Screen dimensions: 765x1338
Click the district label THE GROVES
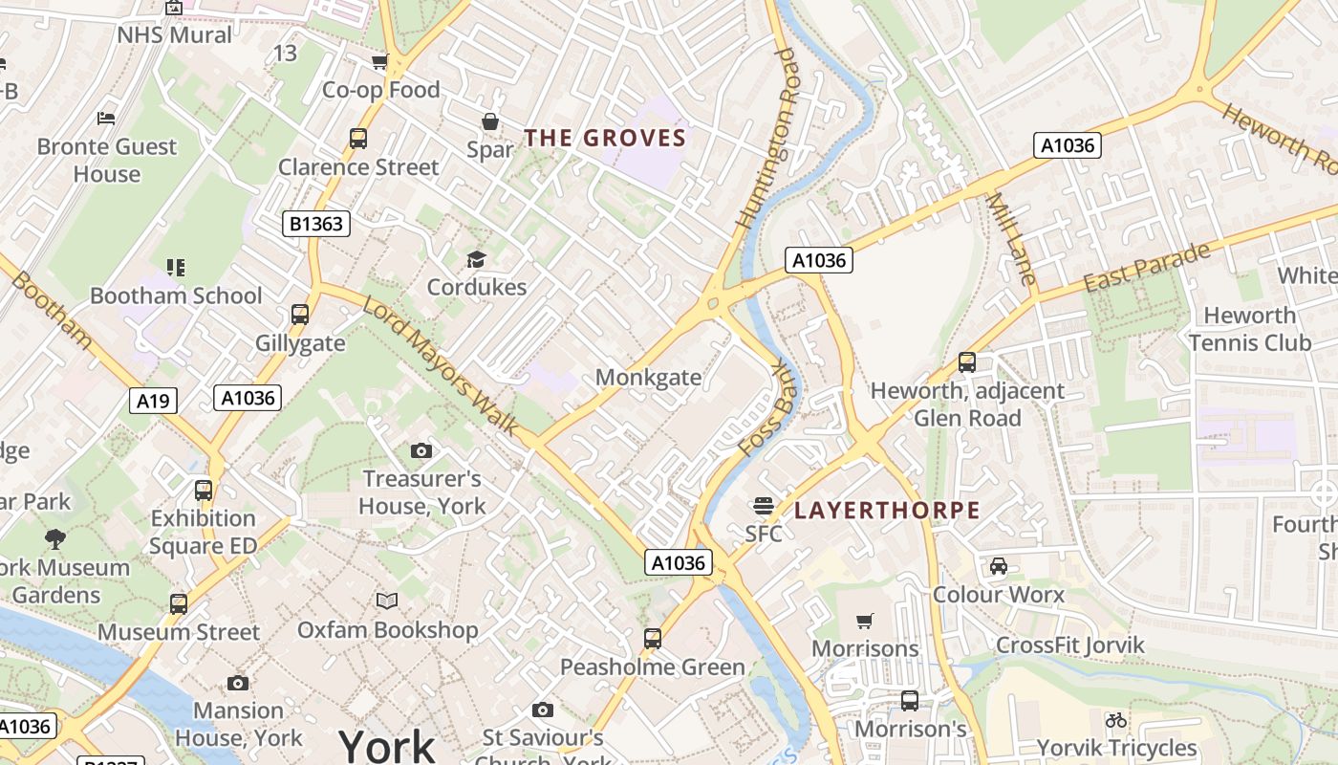coord(605,138)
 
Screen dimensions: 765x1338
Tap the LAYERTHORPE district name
coord(887,510)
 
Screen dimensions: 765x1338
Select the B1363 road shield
coord(317,224)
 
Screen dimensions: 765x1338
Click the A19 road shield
coord(153,400)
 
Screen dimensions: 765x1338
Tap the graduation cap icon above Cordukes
coord(476,259)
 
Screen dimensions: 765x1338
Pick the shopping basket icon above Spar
coord(490,121)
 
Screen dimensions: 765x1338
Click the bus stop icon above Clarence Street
coord(358,139)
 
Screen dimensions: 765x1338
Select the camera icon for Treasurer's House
coord(421,450)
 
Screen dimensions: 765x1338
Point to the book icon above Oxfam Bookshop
coord(386,601)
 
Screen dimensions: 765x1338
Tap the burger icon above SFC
coord(763,505)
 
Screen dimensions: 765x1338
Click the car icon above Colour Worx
coord(999,566)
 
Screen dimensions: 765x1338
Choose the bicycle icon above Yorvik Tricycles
coord(1115,720)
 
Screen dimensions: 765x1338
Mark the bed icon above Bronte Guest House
coord(106,119)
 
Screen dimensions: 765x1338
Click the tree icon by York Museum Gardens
coord(55,538)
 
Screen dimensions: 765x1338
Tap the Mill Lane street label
coord(1011,239)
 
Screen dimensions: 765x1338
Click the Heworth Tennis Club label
coord(1249,328)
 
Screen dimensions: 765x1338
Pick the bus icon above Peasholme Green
coord(653,638)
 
